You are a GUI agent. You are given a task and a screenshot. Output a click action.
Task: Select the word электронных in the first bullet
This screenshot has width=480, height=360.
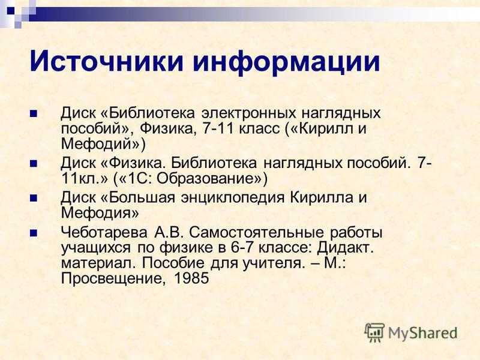[248, 113]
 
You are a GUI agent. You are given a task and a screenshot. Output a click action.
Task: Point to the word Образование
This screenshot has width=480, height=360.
[208, 179]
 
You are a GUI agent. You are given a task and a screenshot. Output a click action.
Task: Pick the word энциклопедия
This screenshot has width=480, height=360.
[233, 198]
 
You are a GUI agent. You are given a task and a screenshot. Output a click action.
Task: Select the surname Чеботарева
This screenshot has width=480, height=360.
[104, 233]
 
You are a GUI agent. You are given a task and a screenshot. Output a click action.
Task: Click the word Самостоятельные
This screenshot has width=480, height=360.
[256, 233]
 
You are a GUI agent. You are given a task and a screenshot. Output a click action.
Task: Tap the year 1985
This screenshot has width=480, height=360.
[191, 278]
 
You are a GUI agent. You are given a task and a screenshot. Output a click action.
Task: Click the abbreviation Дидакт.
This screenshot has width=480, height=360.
[345, 248]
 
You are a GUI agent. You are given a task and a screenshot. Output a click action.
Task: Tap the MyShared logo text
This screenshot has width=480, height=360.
[423, 334]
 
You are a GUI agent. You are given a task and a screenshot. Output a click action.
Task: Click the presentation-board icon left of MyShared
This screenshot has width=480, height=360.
[374, 333]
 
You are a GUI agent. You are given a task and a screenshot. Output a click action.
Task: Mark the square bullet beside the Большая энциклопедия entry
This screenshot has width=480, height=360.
[34, 199]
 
